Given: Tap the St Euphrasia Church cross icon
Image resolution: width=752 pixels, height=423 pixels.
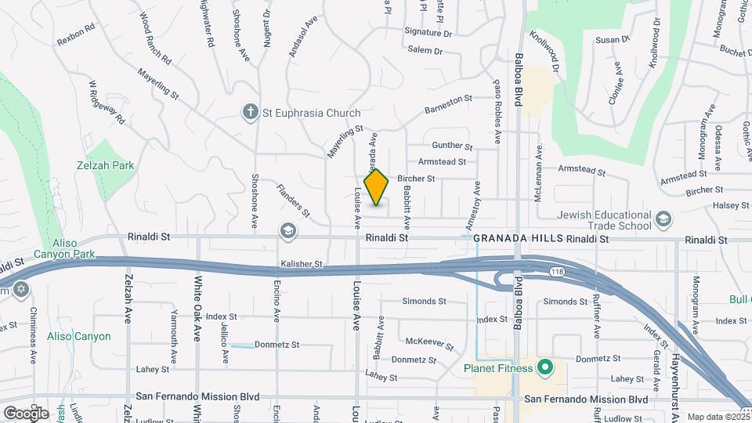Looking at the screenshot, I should [250, 113].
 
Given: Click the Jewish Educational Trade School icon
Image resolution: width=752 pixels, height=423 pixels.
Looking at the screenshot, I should [663, 218].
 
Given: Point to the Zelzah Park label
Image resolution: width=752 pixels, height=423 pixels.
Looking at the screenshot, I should [106, 165].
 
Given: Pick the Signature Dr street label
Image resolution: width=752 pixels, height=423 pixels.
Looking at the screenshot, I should [428, 34].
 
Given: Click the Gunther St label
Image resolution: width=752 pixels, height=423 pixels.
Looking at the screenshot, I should [453, 146].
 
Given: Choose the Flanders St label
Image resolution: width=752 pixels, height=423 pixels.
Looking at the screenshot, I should [293, 201].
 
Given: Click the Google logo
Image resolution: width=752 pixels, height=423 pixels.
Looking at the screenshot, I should [26, 413].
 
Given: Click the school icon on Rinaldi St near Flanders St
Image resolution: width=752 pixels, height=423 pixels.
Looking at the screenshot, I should [287, 230].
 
